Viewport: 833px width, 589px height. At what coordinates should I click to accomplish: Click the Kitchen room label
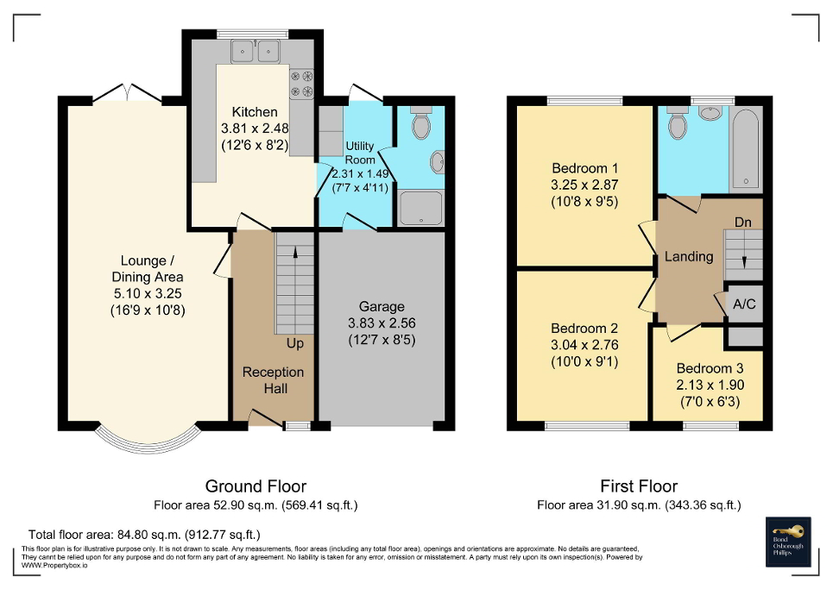(255, 112)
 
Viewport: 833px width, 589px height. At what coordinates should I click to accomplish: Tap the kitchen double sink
(257, 52)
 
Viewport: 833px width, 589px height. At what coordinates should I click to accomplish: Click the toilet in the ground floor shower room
(421, 124)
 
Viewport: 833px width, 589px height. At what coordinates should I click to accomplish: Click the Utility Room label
(359, 154)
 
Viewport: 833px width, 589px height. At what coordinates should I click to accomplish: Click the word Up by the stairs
(295, 343)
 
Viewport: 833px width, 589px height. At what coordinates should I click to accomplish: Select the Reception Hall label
(273, 379)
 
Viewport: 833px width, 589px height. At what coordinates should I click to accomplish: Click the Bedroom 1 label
(584, 167)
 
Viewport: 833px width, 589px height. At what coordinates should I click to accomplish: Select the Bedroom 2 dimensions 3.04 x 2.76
(584, 345)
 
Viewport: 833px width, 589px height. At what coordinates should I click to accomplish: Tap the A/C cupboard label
(743, 304)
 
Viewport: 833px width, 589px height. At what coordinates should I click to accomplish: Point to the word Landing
(688, 256)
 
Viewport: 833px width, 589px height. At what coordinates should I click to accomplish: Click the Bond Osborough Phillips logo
(789, 542)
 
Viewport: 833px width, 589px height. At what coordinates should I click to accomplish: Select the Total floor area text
(144, 535)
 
